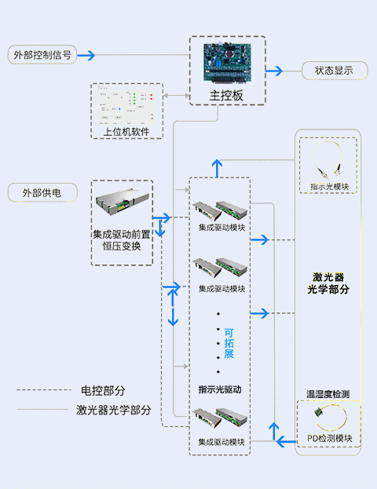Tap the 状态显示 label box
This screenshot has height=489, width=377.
pos(335,71)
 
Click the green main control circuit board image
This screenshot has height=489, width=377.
pos(227,63)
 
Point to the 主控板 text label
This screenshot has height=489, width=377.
pos(227,96)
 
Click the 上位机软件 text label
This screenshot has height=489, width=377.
pos(126,131)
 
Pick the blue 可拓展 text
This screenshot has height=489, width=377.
pos(229,343)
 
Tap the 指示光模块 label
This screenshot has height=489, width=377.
pos(329,187)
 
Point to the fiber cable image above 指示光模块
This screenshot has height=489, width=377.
pos(329,162)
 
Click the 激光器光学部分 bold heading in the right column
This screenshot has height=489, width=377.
pos(330,283)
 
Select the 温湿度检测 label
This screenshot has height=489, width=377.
pos(329,393)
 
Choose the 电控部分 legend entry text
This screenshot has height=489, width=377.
pos(103,390)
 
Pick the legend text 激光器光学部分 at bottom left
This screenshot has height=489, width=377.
pos(114,409)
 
